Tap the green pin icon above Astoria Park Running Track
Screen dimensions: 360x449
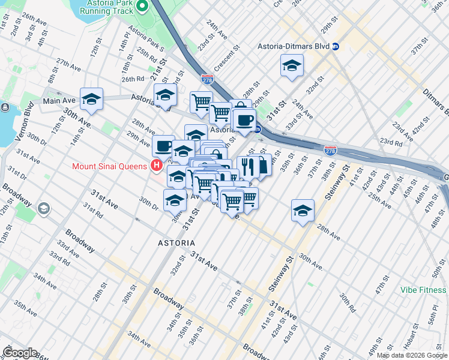click(x=142, y=7)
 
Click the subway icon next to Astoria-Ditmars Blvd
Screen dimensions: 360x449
click(x=336, y=46)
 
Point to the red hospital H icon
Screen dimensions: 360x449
click(x=157, y=166)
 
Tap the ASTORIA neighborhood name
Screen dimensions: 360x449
click(x=176, y=242)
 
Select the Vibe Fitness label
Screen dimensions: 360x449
click(x=424, y=290)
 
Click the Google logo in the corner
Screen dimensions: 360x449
click(x=20, y=353)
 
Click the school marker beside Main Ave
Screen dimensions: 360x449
click(x=91, y=100)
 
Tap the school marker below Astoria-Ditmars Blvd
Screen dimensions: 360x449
click(x=292, y=66)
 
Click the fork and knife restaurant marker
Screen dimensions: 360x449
click(x=247, y=166)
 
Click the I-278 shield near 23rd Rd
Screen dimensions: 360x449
click(x=330, y=149)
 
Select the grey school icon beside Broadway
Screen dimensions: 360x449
click(x=43, y=208)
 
